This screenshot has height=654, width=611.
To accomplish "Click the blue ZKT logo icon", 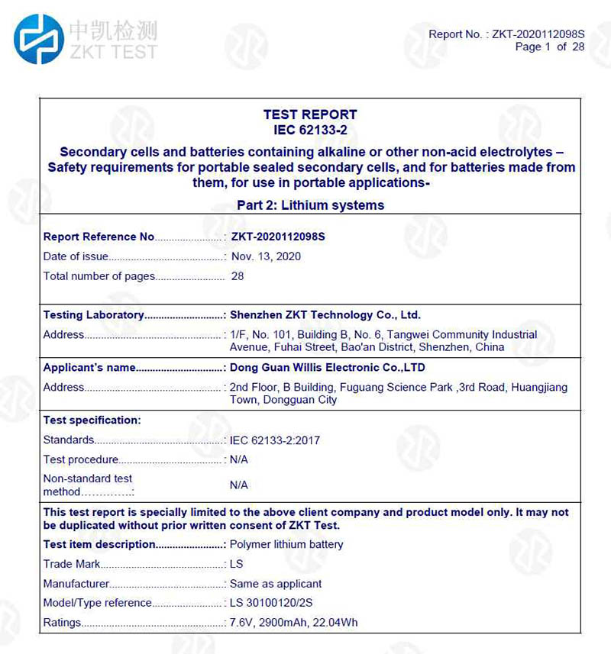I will tap(39, 39).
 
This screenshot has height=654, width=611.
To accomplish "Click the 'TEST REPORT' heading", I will tap(309, 114).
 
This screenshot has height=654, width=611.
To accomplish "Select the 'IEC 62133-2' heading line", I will tap(309, 130).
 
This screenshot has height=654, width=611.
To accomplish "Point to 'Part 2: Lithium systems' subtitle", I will tap(310, 205).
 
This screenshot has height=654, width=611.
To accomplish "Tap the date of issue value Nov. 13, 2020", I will tap(266, 256).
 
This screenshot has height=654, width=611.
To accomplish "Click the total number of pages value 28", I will tap(238, 276).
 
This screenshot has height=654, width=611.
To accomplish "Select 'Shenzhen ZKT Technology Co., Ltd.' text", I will tap(325, 314).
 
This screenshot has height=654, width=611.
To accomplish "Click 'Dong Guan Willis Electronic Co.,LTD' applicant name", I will tap(327, 368).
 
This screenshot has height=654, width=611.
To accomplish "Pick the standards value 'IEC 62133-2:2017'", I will tap(275, 440).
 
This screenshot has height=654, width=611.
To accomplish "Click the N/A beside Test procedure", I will tap(239, 460).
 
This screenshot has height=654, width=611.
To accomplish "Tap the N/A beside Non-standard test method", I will tap(239, 485).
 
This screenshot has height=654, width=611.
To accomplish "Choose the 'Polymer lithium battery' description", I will tap(286, 545).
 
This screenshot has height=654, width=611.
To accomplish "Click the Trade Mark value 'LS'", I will tap(236, 565).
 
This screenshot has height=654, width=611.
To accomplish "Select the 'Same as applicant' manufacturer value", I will tap(276, 584).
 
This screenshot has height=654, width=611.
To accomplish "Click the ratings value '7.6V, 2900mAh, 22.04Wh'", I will tap(293, 623).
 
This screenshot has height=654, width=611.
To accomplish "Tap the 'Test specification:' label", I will tap(92, 420).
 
